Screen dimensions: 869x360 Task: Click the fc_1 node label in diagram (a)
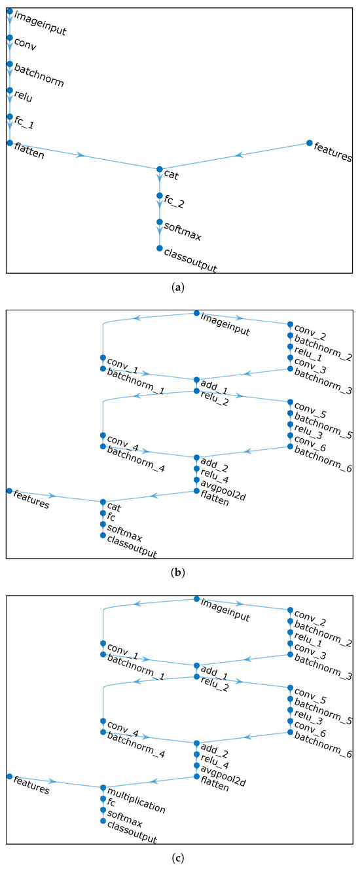coord(24,122)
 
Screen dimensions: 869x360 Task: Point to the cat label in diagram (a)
coord(170,175)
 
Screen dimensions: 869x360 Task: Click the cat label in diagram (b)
coord(113,507)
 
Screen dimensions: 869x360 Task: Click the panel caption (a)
coord(180,286)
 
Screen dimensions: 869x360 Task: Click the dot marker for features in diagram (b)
coord(9,490)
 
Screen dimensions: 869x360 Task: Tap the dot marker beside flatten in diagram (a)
coord(9,142)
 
